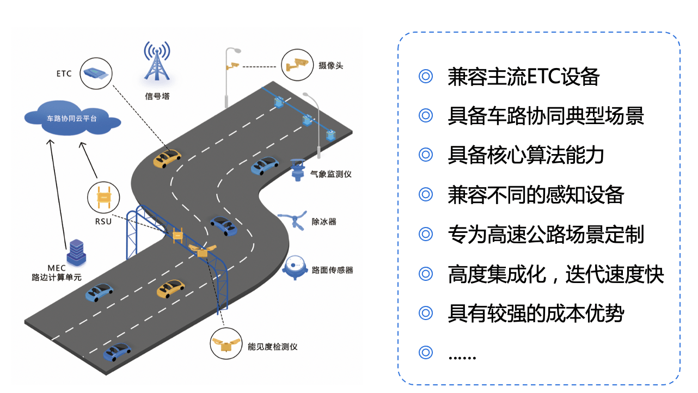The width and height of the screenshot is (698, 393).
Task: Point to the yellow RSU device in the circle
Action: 103,197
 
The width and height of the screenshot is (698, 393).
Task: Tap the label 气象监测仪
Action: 331,174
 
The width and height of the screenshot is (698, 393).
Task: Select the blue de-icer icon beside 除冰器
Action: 295,221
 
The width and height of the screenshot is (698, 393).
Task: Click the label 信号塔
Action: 156,97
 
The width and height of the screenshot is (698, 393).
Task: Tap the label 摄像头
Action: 331,66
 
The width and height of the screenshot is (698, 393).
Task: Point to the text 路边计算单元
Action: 57,278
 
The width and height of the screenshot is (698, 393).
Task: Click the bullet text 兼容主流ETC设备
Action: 523,77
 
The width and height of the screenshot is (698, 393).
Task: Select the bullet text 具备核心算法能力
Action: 526,156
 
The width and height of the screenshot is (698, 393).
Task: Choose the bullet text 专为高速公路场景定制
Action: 546,235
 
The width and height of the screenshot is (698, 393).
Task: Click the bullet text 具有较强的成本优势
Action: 536,314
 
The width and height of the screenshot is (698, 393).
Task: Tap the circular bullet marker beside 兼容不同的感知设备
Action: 425,194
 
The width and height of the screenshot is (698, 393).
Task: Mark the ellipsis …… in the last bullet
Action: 462,355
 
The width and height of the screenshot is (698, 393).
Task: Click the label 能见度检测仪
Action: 273,346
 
